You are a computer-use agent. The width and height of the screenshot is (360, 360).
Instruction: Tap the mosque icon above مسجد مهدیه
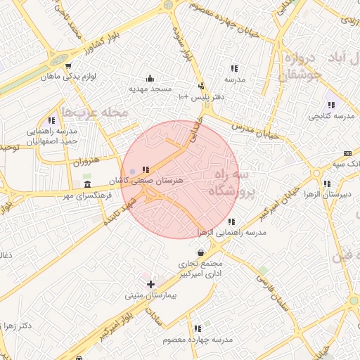pyautogui.click(x=149, y=79)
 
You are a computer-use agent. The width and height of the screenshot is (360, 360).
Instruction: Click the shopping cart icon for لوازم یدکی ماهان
pyautogui.click(x=68, y=67)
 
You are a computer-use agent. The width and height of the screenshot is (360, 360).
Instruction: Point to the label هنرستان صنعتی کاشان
pyautogui.click(x=153, y=180)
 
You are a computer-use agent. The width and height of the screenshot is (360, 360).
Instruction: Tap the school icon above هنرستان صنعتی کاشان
pyautogui.click(x=146, y=169)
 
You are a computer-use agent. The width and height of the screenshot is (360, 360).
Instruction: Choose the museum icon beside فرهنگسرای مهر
pyautogui.click(x=86, y=184)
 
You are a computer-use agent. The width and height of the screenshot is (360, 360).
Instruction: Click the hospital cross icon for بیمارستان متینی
pyautogui.click(x=150, y=284)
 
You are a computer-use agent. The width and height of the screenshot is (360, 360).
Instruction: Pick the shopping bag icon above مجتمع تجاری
pyautogui.click(x=201, y=253)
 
